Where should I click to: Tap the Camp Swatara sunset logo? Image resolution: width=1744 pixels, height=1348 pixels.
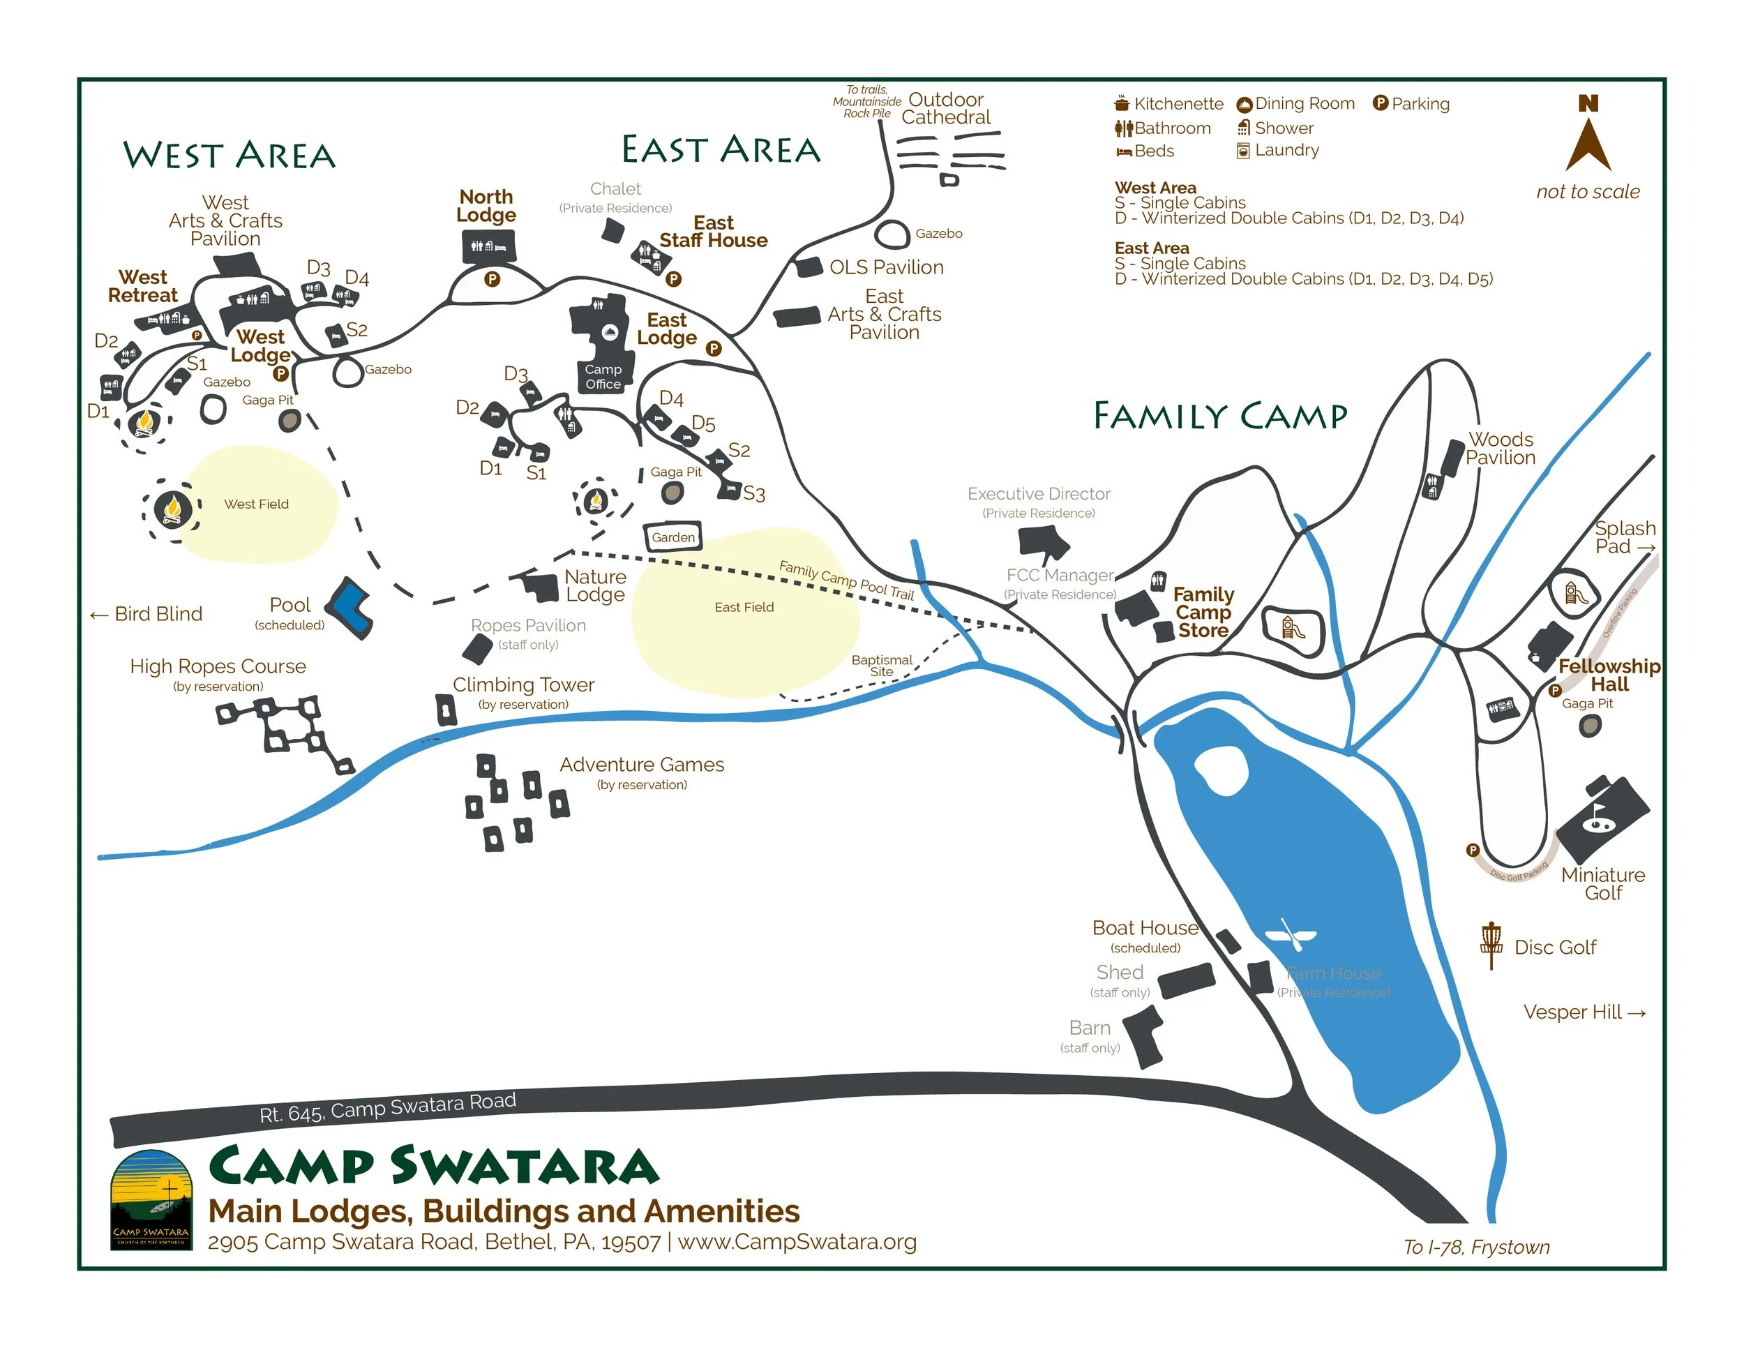[151, 1199]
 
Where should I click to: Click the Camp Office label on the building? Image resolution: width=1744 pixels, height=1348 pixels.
[603, 376]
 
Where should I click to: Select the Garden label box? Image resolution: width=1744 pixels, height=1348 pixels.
[672, 537]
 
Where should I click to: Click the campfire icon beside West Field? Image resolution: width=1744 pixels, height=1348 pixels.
[172, 509]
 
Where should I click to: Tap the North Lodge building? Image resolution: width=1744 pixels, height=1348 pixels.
[488, 246]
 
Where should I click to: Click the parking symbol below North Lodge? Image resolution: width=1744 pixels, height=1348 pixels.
[492, 278]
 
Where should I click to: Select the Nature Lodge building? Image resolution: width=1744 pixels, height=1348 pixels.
[541, 587]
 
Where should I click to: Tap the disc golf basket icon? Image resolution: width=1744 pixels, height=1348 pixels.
[1490, 945]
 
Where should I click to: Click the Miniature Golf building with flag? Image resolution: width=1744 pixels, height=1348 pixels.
[1601, 818]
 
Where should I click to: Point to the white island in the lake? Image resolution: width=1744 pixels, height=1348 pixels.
[1221, 770]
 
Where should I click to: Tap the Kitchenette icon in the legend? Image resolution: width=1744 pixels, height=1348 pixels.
[1122, 104]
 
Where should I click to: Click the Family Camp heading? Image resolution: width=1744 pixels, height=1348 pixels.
[1219, 416]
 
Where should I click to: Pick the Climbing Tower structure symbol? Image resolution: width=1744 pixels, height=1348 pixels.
[446, 709]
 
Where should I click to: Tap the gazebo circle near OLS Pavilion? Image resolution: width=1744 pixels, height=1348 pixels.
[892, 234]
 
